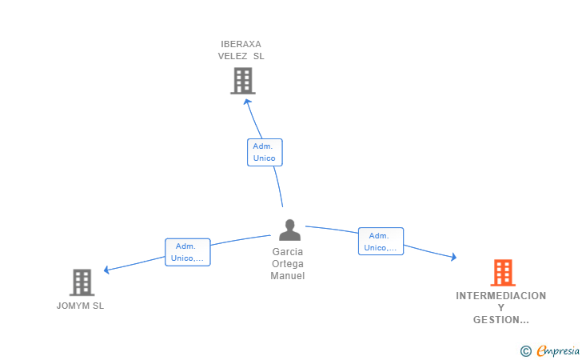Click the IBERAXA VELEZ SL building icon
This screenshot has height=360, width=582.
point(242,80)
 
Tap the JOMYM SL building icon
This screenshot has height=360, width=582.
point(82,282)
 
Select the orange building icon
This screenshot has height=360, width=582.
point(502,273)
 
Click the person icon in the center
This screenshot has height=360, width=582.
point(290,230)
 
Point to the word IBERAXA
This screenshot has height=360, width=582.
point(241,44)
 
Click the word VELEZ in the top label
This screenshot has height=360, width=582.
point(233,56)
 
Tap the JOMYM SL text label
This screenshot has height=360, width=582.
point(80,306)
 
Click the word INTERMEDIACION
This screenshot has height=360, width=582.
point(501,296)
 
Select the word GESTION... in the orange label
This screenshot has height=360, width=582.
point(501,320)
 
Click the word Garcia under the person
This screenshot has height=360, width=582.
point(288,251)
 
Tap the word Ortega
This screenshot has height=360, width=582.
point(288,264)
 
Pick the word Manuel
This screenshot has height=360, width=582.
point(288,276)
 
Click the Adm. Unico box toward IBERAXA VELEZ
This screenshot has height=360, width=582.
point(265,152)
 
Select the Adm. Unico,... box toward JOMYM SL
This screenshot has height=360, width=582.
point(188,252)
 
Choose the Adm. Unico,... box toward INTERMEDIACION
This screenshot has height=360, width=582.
point(381,242)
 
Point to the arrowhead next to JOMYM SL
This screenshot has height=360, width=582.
point(107,270)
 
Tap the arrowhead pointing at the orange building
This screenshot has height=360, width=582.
point(453,257)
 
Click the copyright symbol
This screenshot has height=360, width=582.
point(525,350)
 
